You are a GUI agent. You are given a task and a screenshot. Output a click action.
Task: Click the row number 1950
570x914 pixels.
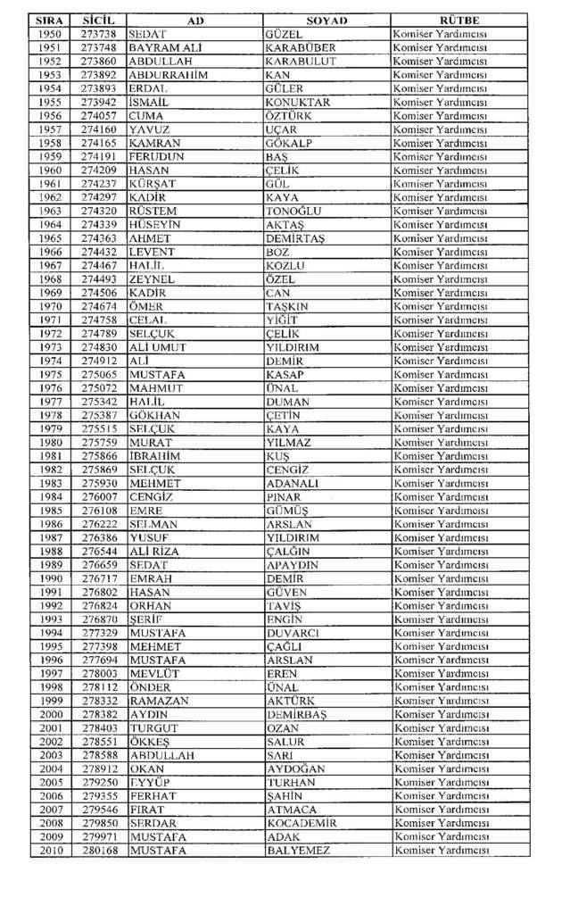coord(51,33)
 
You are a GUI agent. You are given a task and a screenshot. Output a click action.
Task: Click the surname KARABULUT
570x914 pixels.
coord(301,62)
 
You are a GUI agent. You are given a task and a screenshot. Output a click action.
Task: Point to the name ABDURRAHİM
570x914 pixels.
coord(168,75)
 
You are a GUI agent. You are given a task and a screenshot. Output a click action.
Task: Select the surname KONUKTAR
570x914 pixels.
coord(298,102)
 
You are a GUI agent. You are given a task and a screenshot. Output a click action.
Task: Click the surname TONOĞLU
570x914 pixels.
coord(293,211)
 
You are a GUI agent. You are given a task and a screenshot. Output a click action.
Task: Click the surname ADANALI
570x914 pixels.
coord(293,483)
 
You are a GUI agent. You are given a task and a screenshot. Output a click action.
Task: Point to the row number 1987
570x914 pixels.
coord(51,537)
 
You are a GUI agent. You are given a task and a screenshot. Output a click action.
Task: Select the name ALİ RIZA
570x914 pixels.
coord(154,552)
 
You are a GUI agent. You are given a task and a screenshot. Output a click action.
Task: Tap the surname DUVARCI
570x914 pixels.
coord(292,633)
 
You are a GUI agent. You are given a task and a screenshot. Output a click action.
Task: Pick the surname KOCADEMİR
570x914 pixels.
coord(302,823)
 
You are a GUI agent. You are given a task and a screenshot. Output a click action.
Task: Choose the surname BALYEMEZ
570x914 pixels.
coord(298,851)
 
